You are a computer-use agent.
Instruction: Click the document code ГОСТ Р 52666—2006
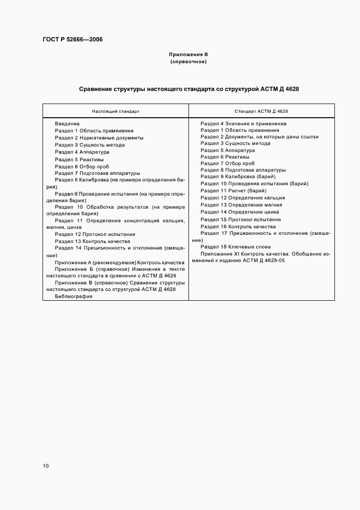(x=72, y=40)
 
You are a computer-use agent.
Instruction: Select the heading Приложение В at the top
(x=188, y=54)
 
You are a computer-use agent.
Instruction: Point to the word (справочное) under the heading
(x=188, y=62)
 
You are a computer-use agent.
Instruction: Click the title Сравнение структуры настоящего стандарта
(x=189, y=88)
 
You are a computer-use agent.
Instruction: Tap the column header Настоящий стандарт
(x=115, y=111)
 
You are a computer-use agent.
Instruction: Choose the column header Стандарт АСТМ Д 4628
(x=261, y=111)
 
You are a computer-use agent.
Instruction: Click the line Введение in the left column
(x=67, y=124)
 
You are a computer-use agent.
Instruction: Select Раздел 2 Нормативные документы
(x=99, y=138)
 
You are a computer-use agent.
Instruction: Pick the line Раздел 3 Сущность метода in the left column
(x=90, y=145)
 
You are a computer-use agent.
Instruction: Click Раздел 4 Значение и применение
(x=243, y=124)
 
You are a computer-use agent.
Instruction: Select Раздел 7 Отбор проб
(x=227, y=163)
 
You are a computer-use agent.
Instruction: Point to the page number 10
(x=46, y=466)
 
